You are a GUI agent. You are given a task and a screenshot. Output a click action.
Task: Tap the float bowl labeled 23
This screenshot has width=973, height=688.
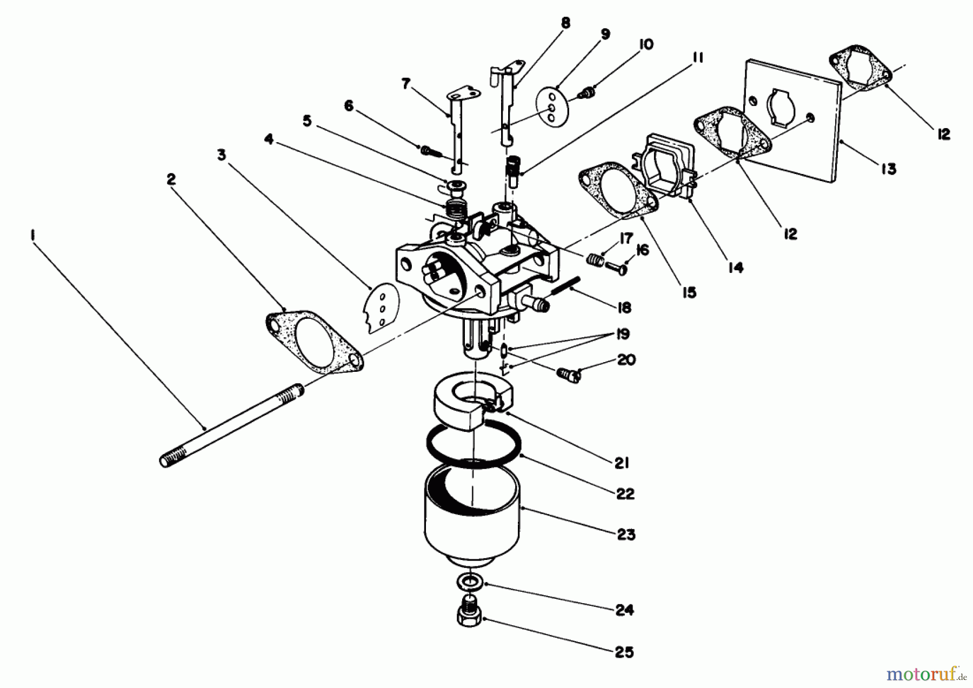point(472,513)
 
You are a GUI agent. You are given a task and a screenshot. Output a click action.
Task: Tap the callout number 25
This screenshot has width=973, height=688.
point(624,652)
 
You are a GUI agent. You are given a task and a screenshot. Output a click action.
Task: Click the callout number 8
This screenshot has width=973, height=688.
point(565,23)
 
